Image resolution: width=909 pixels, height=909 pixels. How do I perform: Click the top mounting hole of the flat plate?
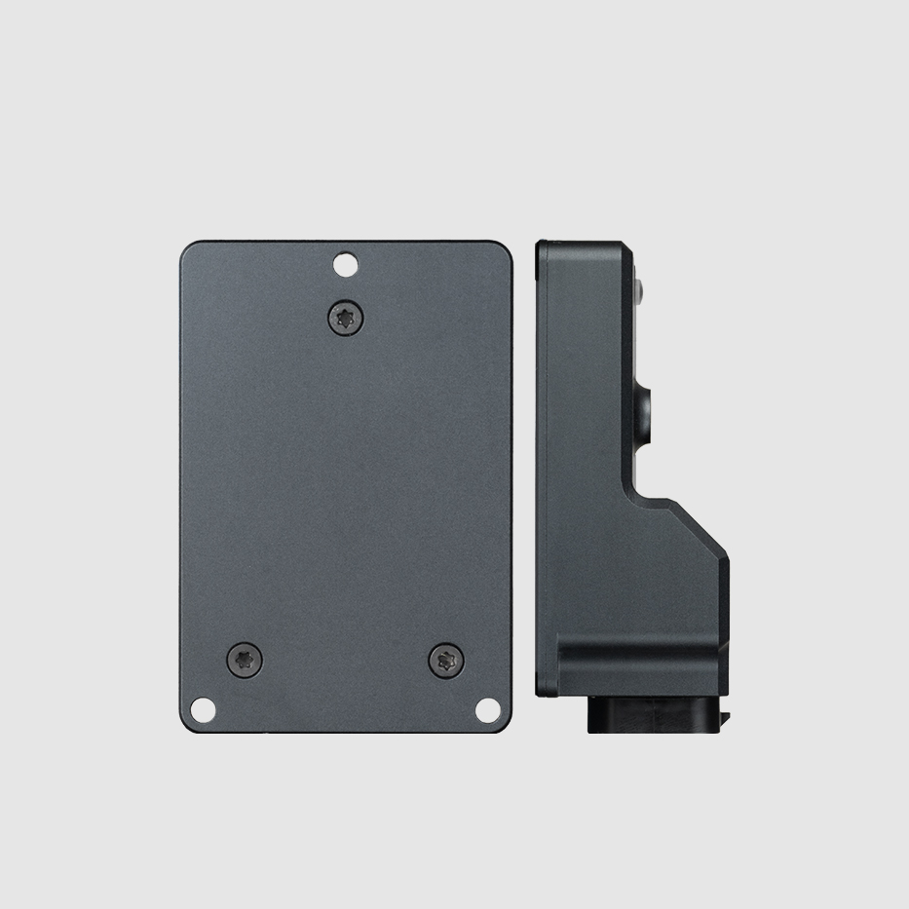pyautogui.click(x=345, y=263)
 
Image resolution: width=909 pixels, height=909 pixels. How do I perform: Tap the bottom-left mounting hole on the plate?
pyautogui.click(x=202, y=709)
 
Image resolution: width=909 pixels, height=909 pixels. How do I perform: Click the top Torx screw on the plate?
pyautogui.click(x=345, y=317)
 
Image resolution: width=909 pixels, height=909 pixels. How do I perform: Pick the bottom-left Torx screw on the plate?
pyautogui.click(x=244, y=661)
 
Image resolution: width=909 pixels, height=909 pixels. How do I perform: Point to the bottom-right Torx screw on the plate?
pyautogui.click(x=446, y=661)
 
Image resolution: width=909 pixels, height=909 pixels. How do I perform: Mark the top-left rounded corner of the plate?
pyautogui.click(x=186, y=246)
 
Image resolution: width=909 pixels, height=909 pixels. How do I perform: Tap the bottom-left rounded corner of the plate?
pyautogui.click(x=186, y=726)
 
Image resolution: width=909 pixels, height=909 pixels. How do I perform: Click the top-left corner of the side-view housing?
pyautogui.click(x=543, y=246)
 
